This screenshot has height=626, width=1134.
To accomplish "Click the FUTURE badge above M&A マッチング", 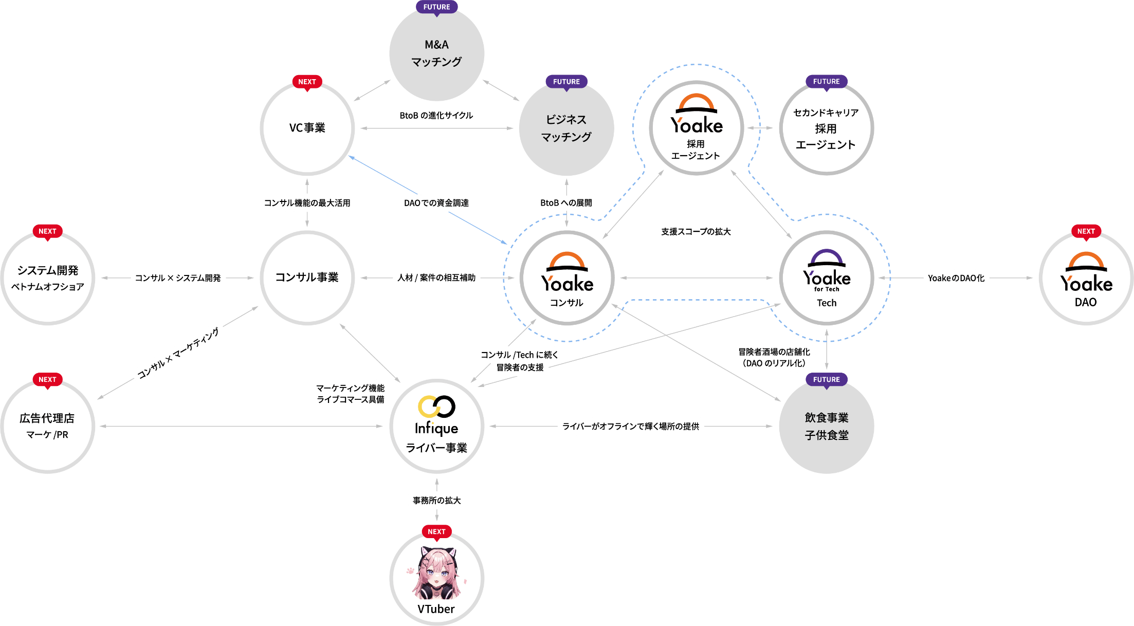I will pos(436,7).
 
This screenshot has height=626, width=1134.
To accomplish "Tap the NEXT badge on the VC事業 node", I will pos(307,82).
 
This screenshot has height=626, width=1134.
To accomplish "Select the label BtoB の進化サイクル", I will pos(436,116).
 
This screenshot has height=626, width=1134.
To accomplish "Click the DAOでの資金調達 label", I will pos(436,203).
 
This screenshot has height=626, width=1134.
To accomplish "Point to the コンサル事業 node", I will pos(307,278).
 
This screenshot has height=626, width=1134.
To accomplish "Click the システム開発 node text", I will pos(48,271).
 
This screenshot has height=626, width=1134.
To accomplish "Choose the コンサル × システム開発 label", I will pos(178,278).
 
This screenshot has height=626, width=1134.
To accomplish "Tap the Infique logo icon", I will pos(436,407).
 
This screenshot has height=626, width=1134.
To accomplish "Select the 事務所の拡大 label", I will pos(436,501).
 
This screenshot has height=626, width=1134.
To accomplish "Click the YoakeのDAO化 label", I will pos(956,278).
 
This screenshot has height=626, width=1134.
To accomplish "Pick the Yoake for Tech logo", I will pos(827,270).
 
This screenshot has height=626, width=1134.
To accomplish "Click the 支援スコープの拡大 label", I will pos(696,232).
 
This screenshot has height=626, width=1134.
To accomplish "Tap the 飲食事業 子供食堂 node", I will pos(827,427).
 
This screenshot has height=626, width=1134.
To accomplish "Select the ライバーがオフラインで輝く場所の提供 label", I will pos(631,426).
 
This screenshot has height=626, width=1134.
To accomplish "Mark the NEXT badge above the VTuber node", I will pos(436,531).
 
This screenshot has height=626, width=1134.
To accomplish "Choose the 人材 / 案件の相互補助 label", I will pos(436,278).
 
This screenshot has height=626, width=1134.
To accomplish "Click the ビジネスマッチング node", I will pos(566,128).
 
